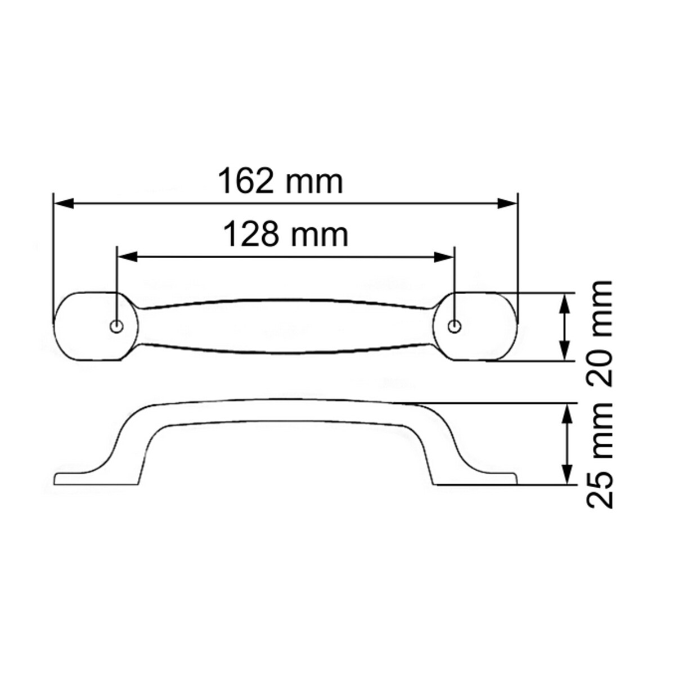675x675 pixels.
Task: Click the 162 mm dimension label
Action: point(280,181)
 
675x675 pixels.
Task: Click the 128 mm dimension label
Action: point(286,235)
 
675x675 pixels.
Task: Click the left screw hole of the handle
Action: point(117,326)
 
